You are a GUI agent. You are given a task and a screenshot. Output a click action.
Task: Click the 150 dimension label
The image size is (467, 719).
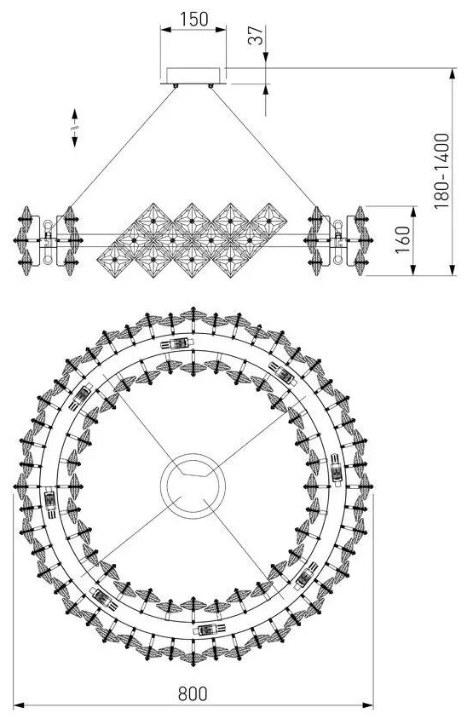(x=193, y=20)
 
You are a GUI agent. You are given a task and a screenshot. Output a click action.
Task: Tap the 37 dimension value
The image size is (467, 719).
(x=256, y=36)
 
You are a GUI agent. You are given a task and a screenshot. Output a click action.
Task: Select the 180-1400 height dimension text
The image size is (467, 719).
(x=441, y=171)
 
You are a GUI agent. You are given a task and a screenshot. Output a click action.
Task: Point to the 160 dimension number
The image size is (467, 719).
(x=402, y=240)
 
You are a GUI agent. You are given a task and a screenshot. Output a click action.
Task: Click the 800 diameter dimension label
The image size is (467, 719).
(x=193, y=693)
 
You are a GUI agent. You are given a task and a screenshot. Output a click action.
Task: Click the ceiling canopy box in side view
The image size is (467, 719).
(x=193, y=76)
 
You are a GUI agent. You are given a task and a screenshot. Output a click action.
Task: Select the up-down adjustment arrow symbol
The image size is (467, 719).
(x=75, y=128)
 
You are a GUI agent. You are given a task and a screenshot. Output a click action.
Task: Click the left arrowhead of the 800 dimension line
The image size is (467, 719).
(x=19, y=705)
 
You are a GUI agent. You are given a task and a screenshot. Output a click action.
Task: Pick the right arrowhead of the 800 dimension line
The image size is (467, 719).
(x=368, y=705)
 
